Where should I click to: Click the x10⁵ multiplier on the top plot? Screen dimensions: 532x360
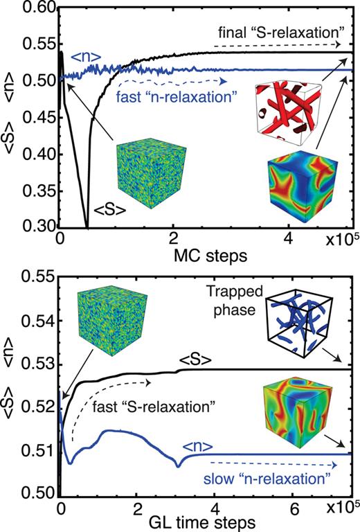point(340,245)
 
